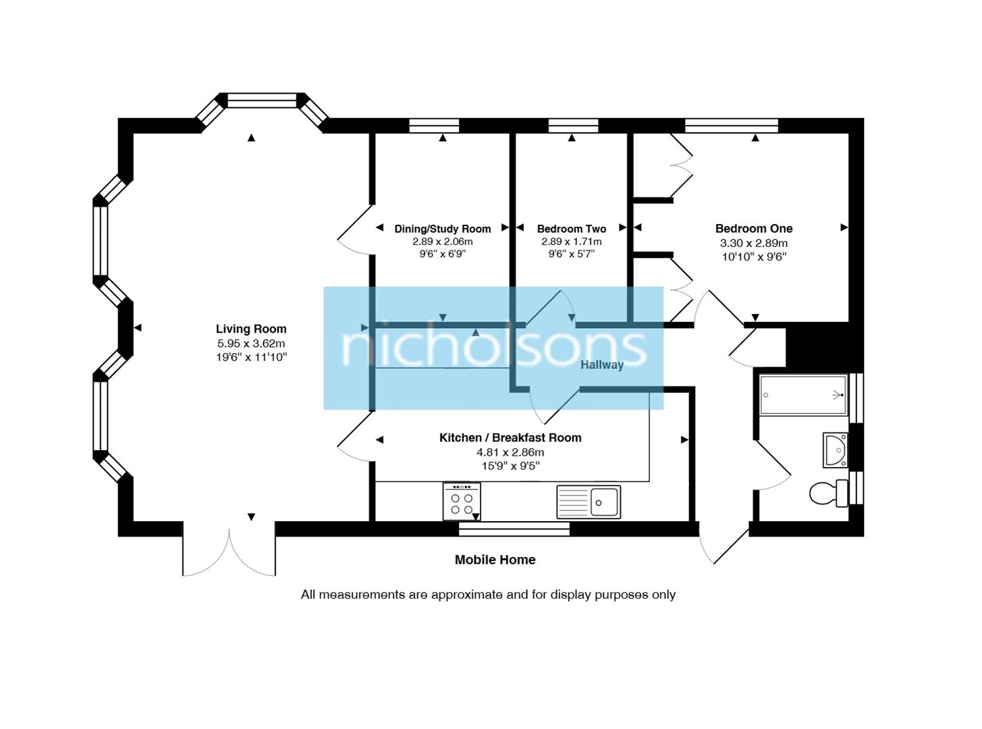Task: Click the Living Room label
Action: coord(251,329)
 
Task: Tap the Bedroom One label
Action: coord(753,229)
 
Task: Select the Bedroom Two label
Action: coord(571,229)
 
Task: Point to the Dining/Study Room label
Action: coord(442,229)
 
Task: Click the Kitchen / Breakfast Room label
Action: coord(510,437)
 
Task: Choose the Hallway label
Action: coord(601,364)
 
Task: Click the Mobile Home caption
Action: coord(495,560)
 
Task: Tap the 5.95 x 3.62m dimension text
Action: coord(251,344)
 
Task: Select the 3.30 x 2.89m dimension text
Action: coord(753,243)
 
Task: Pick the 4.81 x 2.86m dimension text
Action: coord(510,452)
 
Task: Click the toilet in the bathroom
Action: coord(828,493)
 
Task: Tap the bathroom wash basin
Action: coord(836,450)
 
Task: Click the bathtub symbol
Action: coord(802,395)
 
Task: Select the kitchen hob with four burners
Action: coord(462,502)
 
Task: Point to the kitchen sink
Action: coord(588,502)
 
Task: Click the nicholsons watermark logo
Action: coord(493,348)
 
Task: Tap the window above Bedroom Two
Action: coord(573,126)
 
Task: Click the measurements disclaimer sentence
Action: coord(488,595)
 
